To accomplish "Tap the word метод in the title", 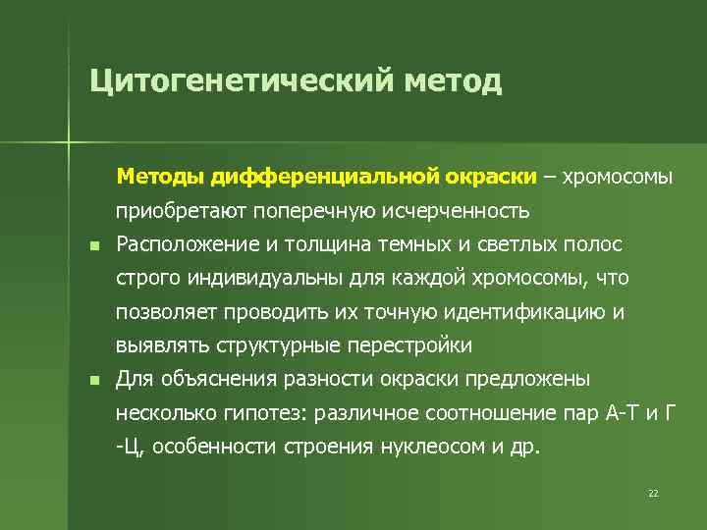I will pos(451,79).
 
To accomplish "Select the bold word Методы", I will pos(157,177).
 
